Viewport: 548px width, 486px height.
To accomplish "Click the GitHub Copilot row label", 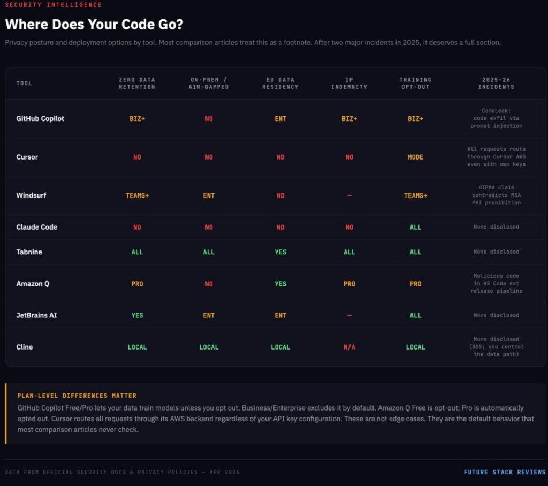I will click(40, 118).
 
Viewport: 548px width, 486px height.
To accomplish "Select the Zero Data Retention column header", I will click(137, 83).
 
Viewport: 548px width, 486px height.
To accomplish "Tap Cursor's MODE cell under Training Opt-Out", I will click(415, 157).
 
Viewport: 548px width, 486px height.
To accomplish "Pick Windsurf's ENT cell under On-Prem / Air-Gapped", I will click(209, 195).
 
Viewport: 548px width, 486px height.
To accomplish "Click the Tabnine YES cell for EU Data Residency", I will click(280, 252).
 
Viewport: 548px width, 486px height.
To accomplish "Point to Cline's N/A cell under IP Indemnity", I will click(349, 347).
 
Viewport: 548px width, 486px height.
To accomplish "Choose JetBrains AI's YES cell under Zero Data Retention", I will click(137, 315).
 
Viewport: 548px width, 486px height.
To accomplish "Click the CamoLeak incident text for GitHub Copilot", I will click(496, 118).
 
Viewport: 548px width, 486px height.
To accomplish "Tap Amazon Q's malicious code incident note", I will click(496, 284).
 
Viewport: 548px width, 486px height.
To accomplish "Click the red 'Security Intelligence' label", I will click(53, 5).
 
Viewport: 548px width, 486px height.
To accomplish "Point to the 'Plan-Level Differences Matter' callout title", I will click(77, 396).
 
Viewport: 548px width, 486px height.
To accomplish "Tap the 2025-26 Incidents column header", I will click(496, 83).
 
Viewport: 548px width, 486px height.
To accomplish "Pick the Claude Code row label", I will click(36, 227).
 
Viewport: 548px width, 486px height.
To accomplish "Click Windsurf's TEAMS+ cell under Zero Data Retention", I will click(137, 195).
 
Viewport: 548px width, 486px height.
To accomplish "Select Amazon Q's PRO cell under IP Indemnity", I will click(349, 284).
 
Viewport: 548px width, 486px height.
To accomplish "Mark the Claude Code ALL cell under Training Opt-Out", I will click(415, 227).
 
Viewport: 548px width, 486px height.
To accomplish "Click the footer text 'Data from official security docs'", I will click(122, 472).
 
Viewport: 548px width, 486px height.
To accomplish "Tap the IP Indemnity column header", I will click(349, 83).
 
